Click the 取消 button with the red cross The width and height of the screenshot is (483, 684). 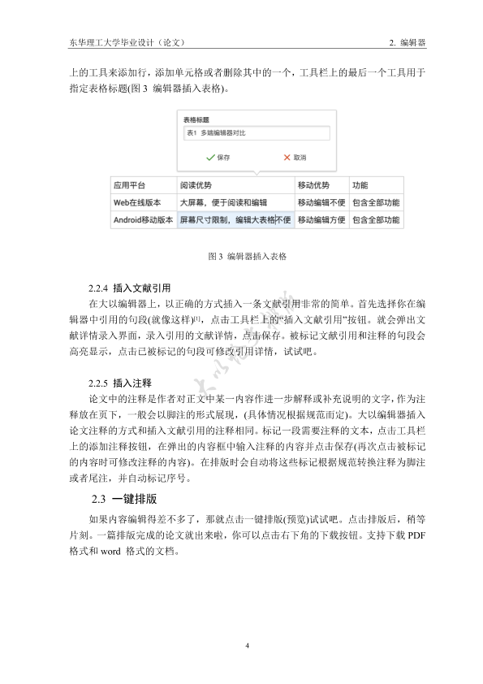pos(294,157)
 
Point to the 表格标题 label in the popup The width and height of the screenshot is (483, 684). pos(197,119)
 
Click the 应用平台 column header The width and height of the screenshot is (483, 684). pos(129,185)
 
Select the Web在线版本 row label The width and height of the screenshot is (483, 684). pos(137,202)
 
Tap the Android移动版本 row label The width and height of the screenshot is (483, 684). pos(143,219)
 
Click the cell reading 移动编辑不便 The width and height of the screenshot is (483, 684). pos(321,202)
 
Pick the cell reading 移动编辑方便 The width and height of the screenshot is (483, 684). pos(321,219)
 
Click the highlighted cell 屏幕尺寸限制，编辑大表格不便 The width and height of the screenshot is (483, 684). pos(235,219)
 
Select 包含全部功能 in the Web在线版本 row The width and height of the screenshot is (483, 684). pos(375,202)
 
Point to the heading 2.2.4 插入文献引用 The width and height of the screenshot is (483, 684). pos(130,288)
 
